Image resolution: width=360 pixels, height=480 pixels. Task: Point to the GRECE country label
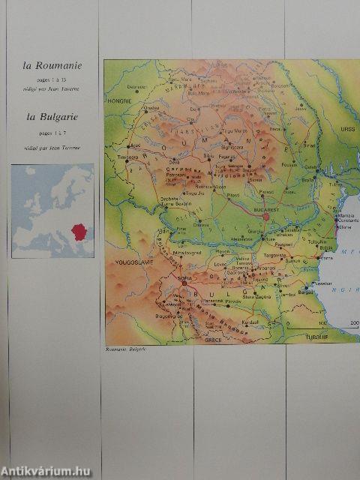point(214,340)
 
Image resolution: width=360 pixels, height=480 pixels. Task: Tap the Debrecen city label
point(137,86)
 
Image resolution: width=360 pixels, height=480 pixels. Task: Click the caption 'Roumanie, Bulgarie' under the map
point(125,349)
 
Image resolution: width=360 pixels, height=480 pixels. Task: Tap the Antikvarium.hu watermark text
point(49,469)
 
